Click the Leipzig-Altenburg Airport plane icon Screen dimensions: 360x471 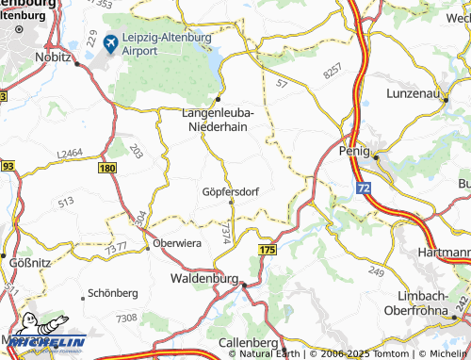pyautogui.click(x=110, y=42)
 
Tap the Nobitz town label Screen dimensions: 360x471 pyautogui.click(x=55, y=57)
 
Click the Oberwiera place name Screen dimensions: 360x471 pyautogui.click(x=179, y=240)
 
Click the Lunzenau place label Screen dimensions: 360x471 pyautogui.click(x=419, y=94)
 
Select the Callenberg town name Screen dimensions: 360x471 pyautogui.click(x=246, y=341)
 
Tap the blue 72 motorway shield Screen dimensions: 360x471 pyautogui.click(x=364, y=188)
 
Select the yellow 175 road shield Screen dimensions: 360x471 pyautogui.click(x=268, y=248)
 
